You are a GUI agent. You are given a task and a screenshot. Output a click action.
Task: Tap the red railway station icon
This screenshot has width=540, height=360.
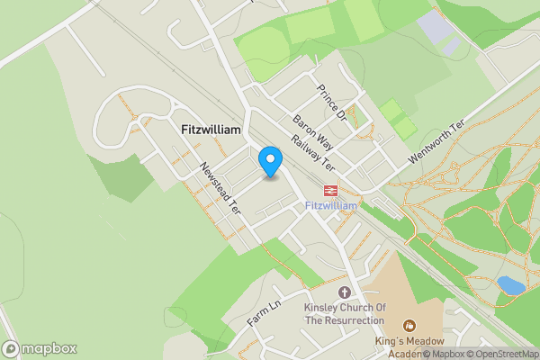pyautogui.click(x=331, y=190)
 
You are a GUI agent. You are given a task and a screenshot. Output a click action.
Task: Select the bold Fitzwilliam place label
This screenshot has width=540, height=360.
pyautogui.click(x=211, y=130)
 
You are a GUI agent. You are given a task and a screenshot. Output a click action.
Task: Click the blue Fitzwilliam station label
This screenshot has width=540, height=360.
pyautogui.click(x=331, y=206)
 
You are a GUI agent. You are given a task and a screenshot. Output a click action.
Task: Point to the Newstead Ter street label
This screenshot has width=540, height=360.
pyautogui.click(x=221, y=188)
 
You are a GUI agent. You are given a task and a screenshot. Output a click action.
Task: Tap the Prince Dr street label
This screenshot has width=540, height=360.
pyautogui.click(x=331, y=103)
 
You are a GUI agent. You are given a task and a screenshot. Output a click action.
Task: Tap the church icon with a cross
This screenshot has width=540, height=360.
pyautogui.click(x=345, y=292)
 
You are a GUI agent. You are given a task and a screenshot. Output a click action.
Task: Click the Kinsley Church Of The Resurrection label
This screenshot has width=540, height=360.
pyautogui.click(x=345, y=313)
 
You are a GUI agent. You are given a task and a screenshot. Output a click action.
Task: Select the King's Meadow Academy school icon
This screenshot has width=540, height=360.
pyautogui.click(x=409, y=325)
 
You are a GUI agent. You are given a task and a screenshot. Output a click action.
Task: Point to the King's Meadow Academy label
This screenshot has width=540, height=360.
pyautogui.click(x=409, y=346)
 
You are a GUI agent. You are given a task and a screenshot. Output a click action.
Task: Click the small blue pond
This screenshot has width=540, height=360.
pyautogui.click(x=510, y=285)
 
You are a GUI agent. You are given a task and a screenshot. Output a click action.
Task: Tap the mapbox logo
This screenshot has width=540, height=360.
pyautogui.click(x=39, y=348)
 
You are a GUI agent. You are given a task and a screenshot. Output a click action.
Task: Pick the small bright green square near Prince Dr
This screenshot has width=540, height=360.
pyautogui.click(x=392, y=112)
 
